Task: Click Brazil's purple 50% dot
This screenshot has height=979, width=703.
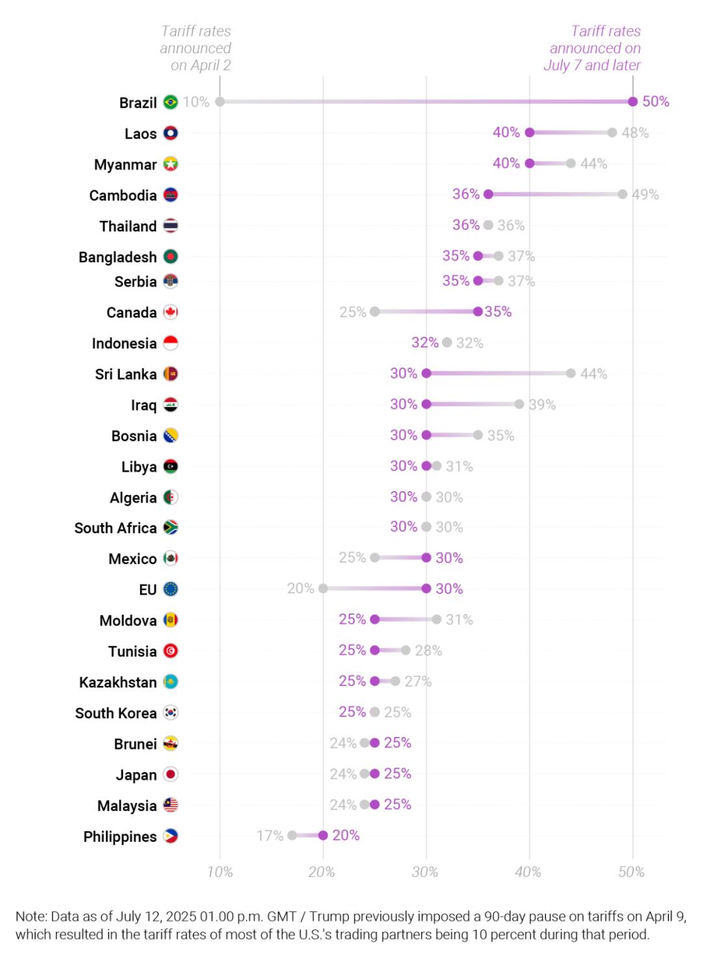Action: (x=633, y=101)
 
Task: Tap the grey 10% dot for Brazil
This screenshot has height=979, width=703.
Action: (x=220, y=101)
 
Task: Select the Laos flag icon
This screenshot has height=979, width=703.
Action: (x=171, y=133)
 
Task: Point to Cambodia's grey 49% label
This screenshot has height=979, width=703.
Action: (x=645, y=194)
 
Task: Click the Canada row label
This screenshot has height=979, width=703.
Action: (x=131, y=313)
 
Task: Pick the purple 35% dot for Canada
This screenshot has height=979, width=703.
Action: (x=478, y=312)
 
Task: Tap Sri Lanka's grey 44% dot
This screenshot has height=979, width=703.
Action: (x=571, y=373)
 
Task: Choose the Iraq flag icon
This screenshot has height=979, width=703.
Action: (x=171, y=405)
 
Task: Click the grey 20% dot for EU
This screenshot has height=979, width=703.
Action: (x=323, y=589)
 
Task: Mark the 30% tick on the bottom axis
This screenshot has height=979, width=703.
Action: (x=425, y=872)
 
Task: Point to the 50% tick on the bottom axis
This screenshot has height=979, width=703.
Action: (x=631, y=872)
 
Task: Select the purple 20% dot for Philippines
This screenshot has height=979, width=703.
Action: (x=323, y=835)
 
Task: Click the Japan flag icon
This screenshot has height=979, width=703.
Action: (x=171, y=775)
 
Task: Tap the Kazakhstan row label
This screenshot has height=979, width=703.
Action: (x=118, y=682)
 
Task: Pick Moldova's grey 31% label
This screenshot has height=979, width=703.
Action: (x=460, y=620)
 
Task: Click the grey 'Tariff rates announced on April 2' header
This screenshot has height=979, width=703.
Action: (x=196, y=48)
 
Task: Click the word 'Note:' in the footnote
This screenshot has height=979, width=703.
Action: (x=31, y=917)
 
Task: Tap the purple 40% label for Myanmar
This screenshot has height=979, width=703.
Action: (x=506, y=163)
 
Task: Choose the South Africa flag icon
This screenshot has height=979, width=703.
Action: (x=171, y=528)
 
